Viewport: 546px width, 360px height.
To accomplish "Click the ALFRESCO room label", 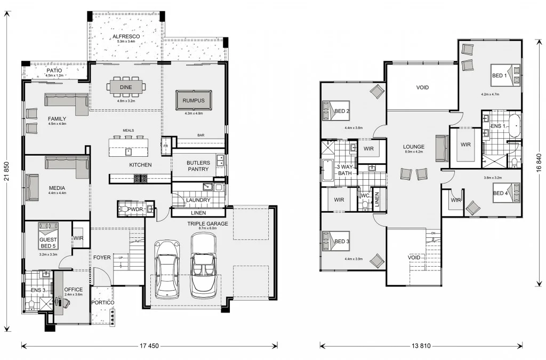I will click(x=126, y=37).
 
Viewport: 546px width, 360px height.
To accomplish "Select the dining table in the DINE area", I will click(x=126, y=86).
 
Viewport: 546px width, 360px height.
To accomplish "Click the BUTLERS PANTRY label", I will click(x=198, y=166).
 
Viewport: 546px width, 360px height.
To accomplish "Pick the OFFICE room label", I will click(x=74, y=290).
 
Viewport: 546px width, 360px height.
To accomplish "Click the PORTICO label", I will click(x=102, y=302).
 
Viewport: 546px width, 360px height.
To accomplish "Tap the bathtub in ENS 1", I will click(x=515, y=126).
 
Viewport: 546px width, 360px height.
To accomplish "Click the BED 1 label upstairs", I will click(x=499, y=76).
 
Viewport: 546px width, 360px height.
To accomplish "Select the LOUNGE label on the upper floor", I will click(x=413, y=147).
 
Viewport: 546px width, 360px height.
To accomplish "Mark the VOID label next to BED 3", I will click(x=414, y=258).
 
